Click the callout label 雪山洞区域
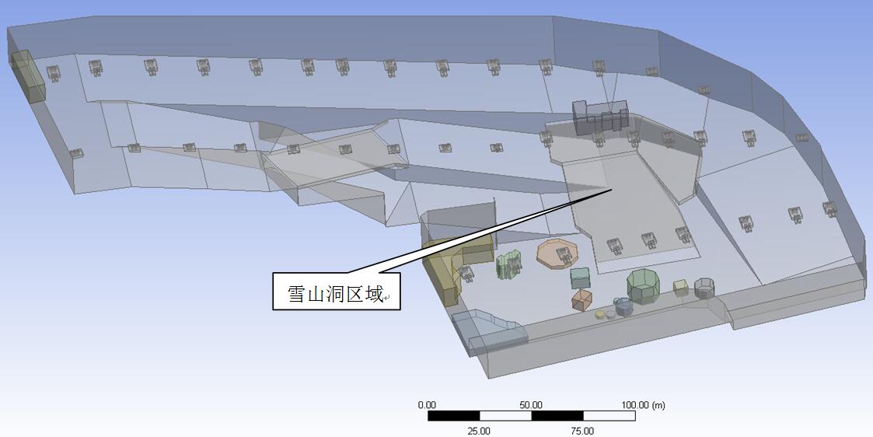click(336, 293)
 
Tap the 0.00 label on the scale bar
click(427, 405)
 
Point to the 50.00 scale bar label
click(531, 405)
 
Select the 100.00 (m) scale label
click(643, 405)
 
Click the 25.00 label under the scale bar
click(479, 431)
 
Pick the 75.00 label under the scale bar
click(582, 431)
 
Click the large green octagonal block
click(643, 286)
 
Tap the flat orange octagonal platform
click(558, 253)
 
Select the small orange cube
click(581, 300)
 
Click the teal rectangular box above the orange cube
click(580, 278)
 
